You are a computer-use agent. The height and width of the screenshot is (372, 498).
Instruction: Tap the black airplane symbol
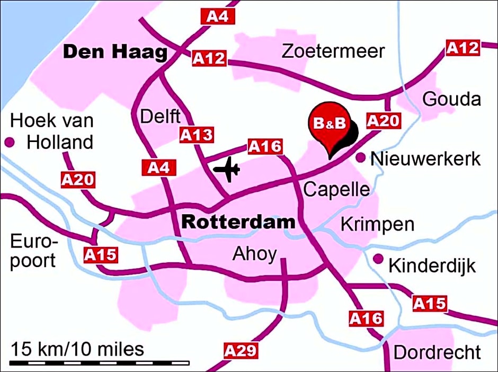(x=226, y=170)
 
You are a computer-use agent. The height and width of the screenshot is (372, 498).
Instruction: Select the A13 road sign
(x=196, y=135)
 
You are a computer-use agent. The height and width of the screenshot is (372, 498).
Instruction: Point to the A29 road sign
(x=241, y=351)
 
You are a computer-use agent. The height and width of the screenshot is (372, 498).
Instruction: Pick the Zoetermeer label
(x=333, y=51)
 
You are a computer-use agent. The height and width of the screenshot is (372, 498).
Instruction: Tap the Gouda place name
(x=451, y=99)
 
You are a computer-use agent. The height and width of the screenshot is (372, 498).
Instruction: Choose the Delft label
(x=161, y=116)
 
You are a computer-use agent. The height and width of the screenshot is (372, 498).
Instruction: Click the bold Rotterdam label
(x=238, y=222)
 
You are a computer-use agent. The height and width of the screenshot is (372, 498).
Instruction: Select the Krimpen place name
(x=377, y=224)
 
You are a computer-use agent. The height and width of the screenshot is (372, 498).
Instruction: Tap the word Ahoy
(x=254, y=255)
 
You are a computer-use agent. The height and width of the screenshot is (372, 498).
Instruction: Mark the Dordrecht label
(x=437, y=352)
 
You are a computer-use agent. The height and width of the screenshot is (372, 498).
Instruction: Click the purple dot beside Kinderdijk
(x=378, y=259)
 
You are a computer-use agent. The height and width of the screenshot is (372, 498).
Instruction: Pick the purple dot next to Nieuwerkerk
(x=360, y=157)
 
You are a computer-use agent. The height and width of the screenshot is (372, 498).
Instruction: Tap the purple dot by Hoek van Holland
(x=9, y=142)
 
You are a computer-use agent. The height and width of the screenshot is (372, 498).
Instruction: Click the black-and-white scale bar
(x=100, y=363)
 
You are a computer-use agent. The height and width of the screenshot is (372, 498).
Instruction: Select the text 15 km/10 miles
(x=77, y=349)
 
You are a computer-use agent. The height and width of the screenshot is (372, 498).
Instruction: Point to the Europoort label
(x=33, y=252)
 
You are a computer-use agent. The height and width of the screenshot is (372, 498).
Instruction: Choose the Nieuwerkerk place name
(x=426, y=158)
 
